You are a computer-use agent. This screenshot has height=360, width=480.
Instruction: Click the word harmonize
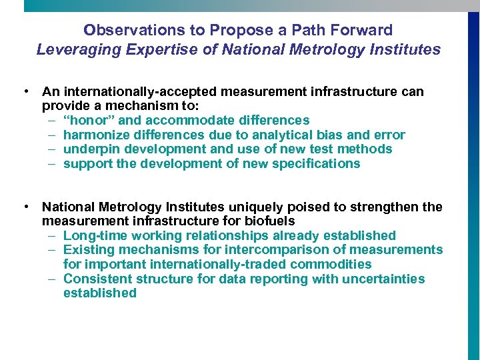tap(95, 135)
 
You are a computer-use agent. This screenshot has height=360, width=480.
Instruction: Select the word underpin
tap(89, 149)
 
